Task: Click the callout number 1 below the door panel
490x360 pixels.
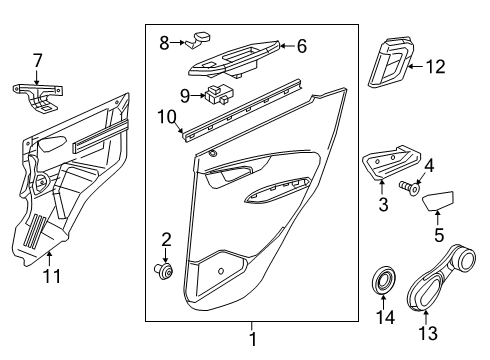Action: (252, 340)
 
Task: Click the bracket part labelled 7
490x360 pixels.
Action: (37, 91)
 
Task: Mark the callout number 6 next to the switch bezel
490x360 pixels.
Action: (301, 44)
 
